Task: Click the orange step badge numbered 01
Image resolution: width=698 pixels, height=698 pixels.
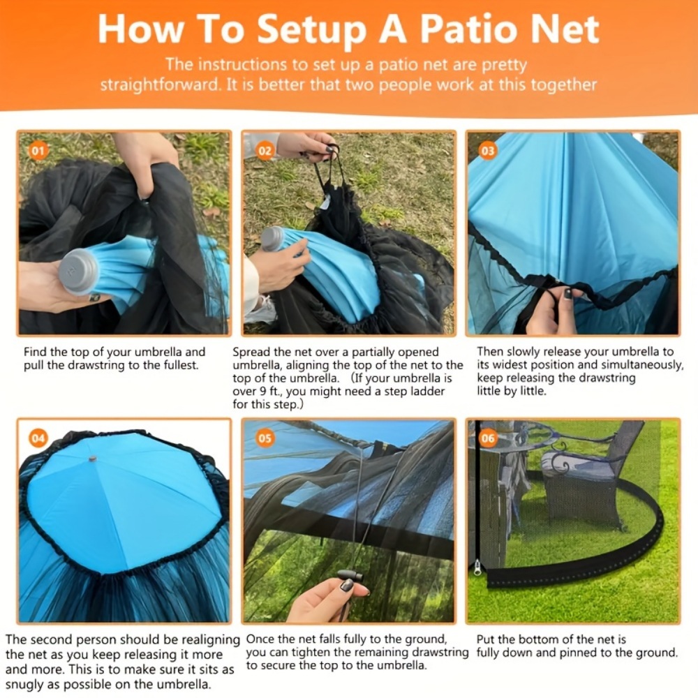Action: coord(38,151)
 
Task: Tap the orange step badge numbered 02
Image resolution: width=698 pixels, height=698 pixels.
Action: coord(265,151)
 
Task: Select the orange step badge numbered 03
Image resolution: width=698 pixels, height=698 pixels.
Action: coord(488,151)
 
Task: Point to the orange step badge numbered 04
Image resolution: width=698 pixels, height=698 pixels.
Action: coord(38,438)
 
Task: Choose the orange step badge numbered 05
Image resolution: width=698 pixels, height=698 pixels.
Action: coord(265,438)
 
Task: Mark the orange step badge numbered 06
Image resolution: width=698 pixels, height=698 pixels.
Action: coord(488,438)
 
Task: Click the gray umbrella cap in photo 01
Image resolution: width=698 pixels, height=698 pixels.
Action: coord(78,271)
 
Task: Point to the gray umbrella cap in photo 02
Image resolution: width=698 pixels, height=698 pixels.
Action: coord(272,239)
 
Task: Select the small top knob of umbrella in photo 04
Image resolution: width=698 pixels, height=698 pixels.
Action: coord(93,458)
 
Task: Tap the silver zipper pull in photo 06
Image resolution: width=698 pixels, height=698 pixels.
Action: coord(477,567)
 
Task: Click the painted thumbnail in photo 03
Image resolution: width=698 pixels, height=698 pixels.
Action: coord(568,294)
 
